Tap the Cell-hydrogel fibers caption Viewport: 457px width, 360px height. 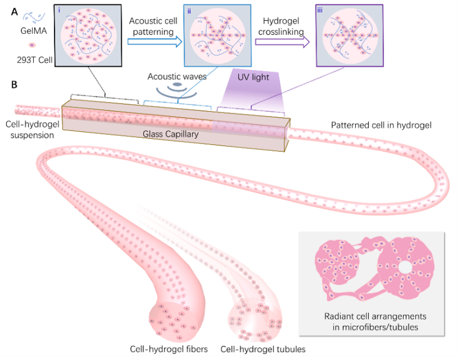(x=169, y=349)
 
